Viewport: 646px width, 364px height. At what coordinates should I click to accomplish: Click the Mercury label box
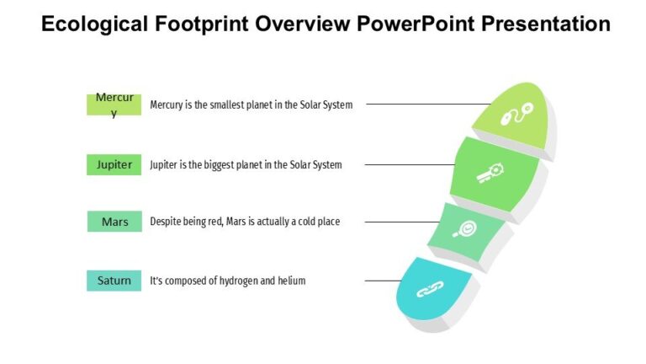click(114, 104)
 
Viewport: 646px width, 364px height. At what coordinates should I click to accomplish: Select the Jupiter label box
click(114, 164)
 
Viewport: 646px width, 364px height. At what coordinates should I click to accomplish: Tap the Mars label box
click(114, 222)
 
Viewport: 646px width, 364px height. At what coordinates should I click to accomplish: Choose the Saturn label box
click(114, 280)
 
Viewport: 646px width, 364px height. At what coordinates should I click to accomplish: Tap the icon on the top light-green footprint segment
click(516, 114)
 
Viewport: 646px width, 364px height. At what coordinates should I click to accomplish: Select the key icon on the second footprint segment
click(490, 173)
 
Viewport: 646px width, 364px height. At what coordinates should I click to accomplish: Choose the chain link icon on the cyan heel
click(431, 291)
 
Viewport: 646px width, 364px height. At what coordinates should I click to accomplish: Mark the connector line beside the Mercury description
click(429, 104)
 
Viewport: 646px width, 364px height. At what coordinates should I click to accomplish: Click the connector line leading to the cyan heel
click(383, 281)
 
